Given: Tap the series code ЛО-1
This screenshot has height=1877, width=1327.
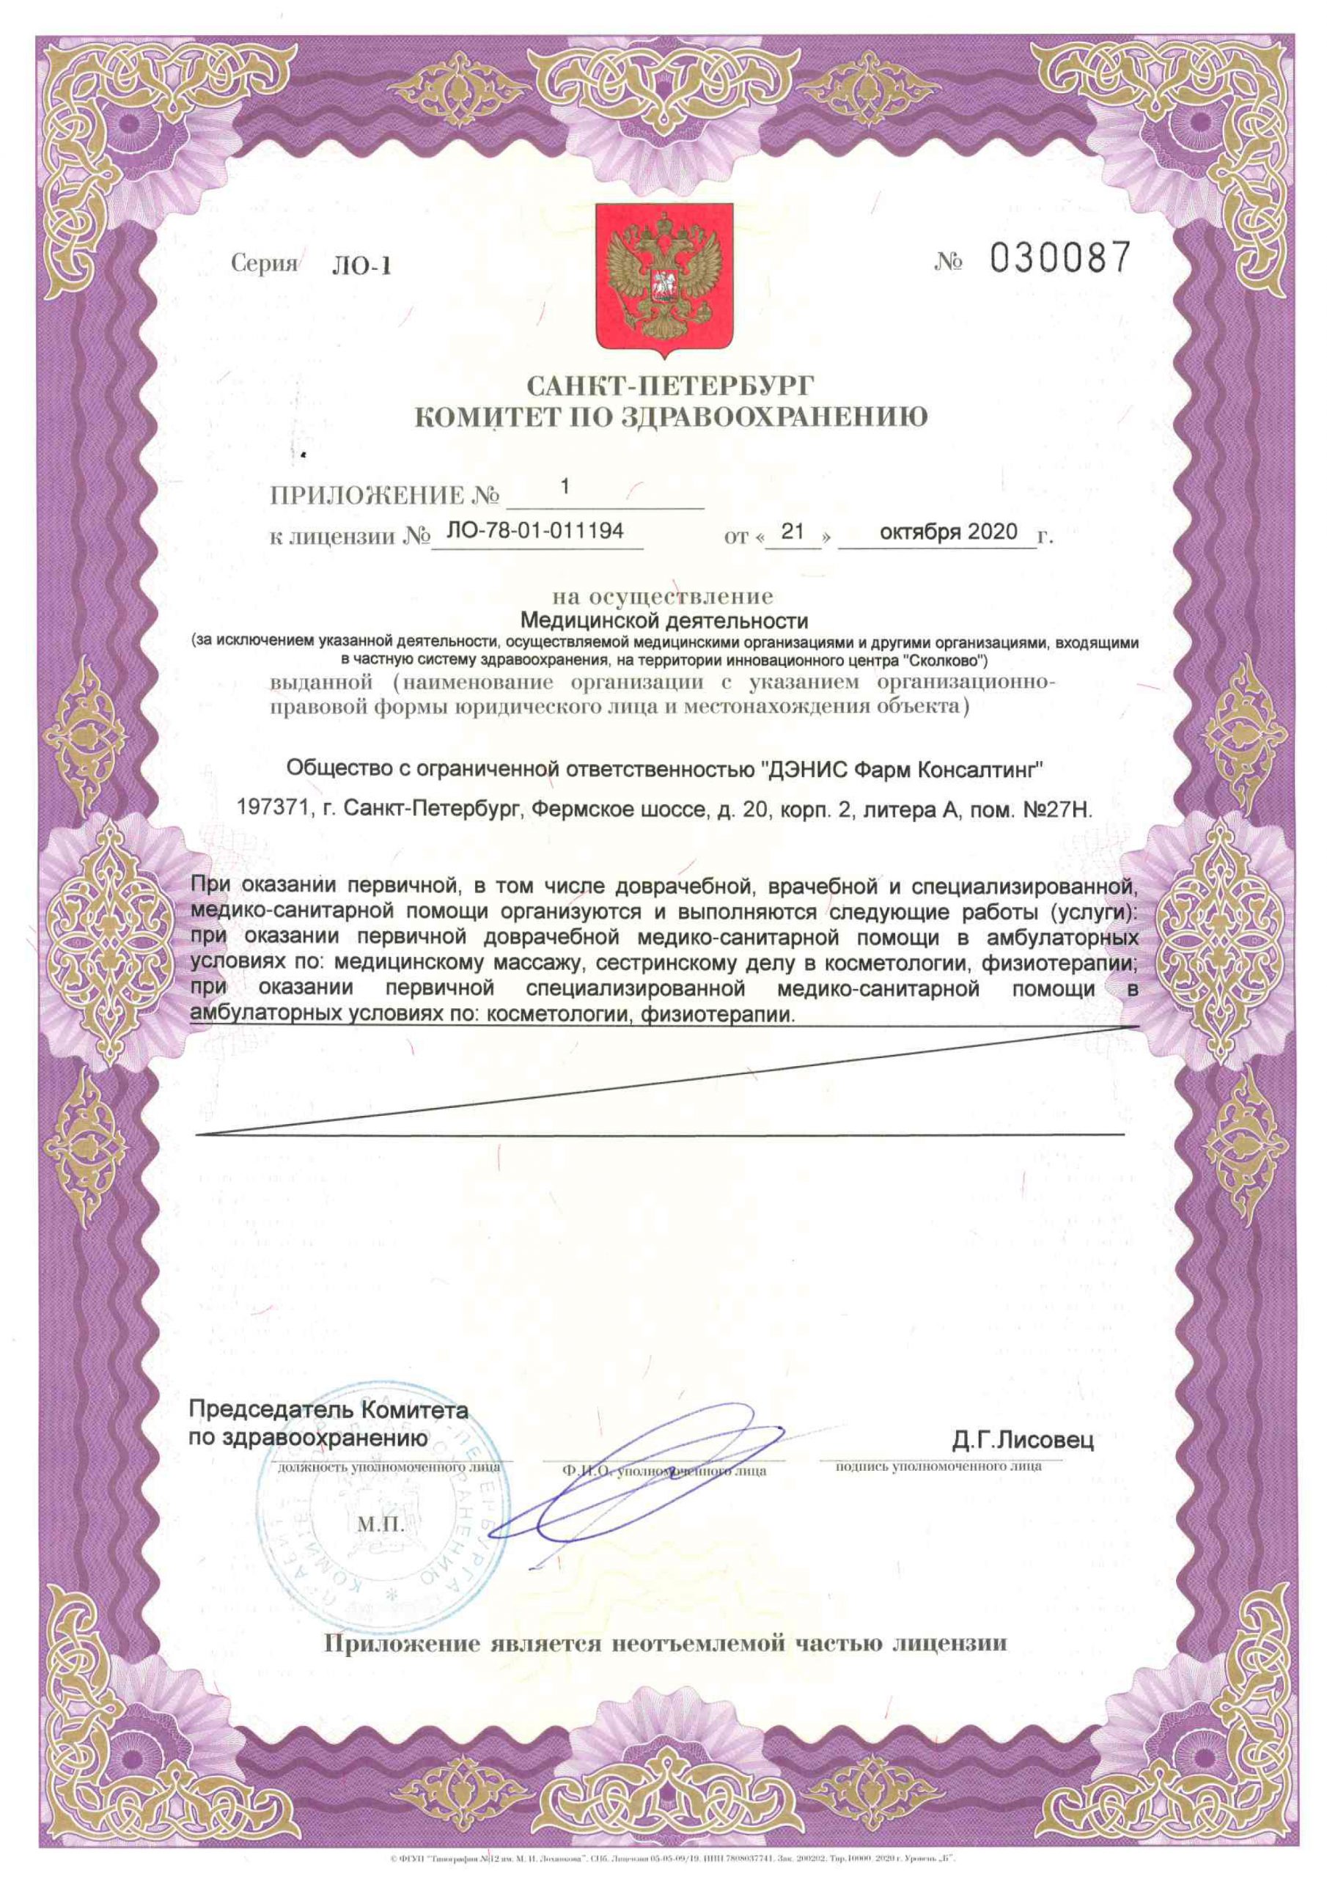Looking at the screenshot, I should [x=361, y=266].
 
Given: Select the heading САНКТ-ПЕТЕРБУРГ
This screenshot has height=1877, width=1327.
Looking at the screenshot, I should [x=670, y=385].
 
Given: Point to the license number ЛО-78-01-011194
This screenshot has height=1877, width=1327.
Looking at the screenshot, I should [x=535, y=532].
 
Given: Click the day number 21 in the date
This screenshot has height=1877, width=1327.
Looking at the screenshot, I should [x=793, y=532].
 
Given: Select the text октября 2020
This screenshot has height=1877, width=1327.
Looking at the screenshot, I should [x=949, y=532].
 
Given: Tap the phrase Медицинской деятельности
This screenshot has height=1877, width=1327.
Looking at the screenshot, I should [x=664, y=622].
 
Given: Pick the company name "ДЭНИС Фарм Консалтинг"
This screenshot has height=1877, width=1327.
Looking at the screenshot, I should [x=903, y=768].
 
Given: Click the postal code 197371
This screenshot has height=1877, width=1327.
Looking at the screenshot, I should [x=275, y=809].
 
